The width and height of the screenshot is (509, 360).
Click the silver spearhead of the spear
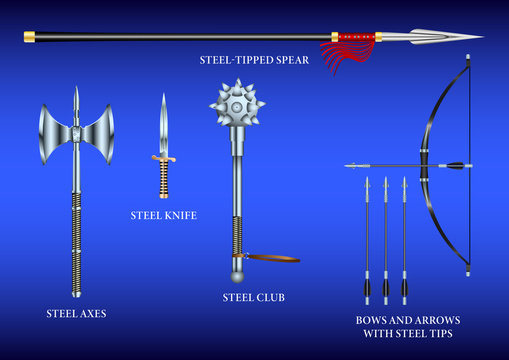click(x=440, y=37)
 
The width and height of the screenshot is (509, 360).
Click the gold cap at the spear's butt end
click(x=29, y=37)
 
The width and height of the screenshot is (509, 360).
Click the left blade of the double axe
click(x=53, y=134)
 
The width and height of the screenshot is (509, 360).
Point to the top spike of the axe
click(x=76, y=100)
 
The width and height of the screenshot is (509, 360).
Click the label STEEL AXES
click(x=76, y=313)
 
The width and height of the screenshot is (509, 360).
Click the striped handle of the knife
click(x=163, y=180)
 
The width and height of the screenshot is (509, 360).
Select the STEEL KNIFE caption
click(x=163, y=215)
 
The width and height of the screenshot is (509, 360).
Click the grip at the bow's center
click(x=425, y=163)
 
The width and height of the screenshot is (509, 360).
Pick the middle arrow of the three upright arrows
click(x=385, y=240)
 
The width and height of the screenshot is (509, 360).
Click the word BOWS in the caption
click(x=373, y=320)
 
